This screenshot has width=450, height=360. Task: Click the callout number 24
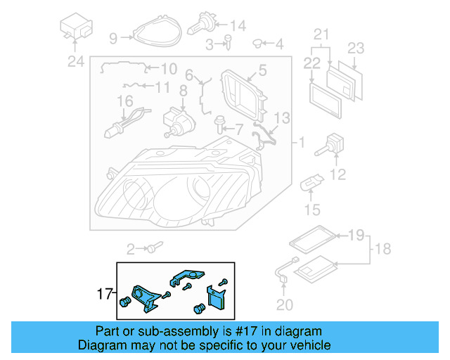tap(75, 62)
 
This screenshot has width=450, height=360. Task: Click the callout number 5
tap(262, 70)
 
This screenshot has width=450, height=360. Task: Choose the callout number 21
tap(321, 34)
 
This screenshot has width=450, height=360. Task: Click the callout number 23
tap(356, 48)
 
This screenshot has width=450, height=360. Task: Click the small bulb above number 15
tap(311, 186)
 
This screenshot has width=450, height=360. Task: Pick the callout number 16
tap(124, 102)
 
